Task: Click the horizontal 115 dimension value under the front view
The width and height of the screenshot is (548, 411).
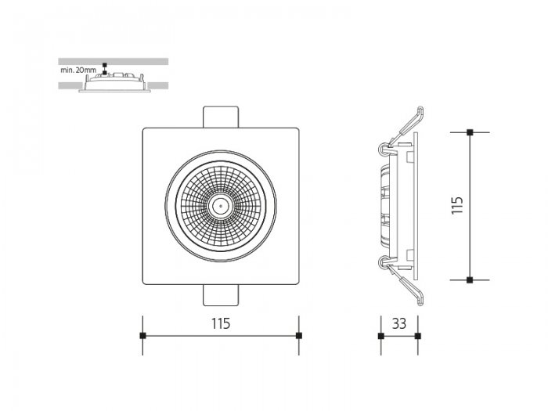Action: coord(221,323)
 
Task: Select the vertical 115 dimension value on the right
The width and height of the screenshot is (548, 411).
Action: coord(457,205)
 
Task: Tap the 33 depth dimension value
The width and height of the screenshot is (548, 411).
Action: coord(399,323)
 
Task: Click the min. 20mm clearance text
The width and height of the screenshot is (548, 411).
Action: coord(78,70)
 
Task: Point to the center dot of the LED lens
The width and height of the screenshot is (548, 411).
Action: coord(221,206)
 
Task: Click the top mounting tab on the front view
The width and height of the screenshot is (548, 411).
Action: coord(221,117)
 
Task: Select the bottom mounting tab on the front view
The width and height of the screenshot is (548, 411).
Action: coord(221,295)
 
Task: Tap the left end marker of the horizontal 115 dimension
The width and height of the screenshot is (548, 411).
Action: coord(142,336)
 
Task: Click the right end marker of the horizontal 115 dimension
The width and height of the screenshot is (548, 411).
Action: coord(299,336)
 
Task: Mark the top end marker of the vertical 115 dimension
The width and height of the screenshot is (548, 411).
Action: coord(470,132)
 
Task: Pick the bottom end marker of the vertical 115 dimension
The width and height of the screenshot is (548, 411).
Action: coord(470,280)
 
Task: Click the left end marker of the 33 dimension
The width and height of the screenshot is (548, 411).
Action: coord(381,336)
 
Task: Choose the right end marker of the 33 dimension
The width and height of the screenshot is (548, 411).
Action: coord(418,336)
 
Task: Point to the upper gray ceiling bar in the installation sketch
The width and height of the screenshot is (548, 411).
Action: coord(114,62)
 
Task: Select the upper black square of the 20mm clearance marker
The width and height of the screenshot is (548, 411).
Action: coord(104,65)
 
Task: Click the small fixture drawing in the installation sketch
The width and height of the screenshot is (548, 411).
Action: coord(114,82)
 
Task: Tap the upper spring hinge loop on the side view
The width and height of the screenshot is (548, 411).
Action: coord(384,149)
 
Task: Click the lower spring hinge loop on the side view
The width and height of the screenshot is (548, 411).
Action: coord(384,263)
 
